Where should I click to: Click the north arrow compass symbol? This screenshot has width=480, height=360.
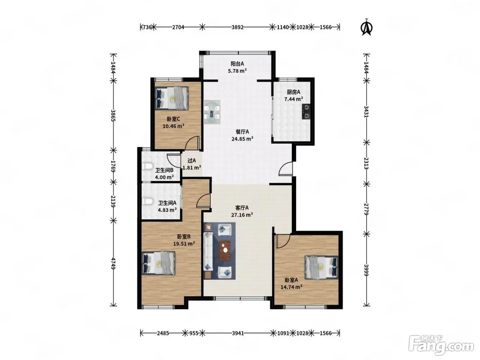click(367, 27)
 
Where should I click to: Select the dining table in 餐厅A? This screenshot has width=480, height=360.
click(212, 112)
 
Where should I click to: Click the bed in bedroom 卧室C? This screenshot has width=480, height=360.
click(172, 98)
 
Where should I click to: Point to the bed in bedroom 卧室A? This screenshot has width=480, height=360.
click(322, 267)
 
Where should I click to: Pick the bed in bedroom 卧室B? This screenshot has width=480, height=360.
click(158, 263)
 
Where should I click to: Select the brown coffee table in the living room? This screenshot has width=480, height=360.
click(225, 251)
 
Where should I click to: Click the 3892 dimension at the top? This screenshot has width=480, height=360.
click(238, 27)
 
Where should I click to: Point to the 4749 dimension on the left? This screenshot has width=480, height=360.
click(113, 264)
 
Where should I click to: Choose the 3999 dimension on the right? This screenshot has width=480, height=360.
click(366, 270)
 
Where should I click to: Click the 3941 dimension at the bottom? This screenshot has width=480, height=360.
click(238, 333)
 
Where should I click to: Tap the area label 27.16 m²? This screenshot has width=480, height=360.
click(242, 215)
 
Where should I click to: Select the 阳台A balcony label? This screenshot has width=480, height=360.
click(237, 64)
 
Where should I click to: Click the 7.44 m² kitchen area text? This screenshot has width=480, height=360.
click(293, 99)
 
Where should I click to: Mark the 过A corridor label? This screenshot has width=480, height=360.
click(192, 161)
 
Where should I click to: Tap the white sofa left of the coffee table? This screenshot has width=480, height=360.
click(208, 252)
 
